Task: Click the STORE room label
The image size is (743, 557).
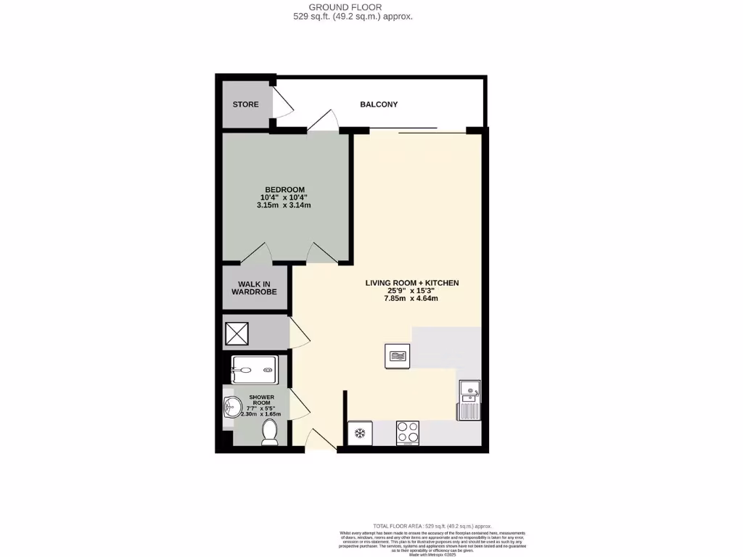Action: tap(245, 104)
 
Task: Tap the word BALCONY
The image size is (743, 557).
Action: tap(379, 104)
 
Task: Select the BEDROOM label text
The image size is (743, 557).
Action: tap(284, 189)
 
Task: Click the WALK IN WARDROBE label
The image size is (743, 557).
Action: tap(254, 288)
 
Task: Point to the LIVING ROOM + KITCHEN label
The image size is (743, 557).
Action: tap(411, 283)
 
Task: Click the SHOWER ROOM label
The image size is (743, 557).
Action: tap(261, 401)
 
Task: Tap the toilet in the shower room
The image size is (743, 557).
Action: tap(269, 433)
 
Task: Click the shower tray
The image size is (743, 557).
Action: tap(254, 370)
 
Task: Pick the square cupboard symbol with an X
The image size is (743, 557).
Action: tap(237, 334)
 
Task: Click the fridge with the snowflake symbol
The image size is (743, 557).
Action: tap(359, 434)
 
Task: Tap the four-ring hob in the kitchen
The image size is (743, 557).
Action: tap(407, 433)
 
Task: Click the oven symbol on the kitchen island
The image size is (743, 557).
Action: tap(397, 355)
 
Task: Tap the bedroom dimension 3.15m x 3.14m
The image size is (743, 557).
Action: tap(284, 205)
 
